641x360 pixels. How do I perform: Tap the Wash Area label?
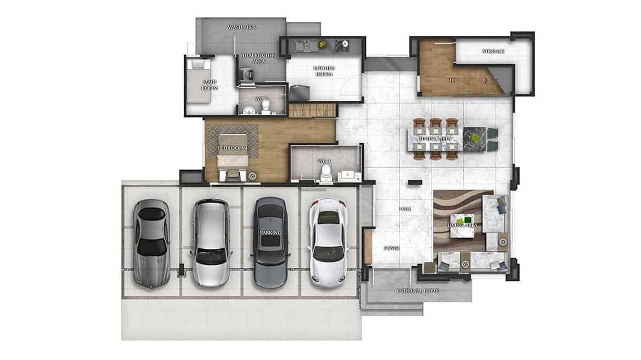tap(242, 27)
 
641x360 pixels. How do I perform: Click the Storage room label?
tap(493, 51)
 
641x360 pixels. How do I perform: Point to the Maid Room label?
tap(210, 85)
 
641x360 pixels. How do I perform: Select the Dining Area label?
tap(435, 139)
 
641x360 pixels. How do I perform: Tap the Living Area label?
tap(462, 225)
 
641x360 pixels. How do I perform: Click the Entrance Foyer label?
tap(418, 290)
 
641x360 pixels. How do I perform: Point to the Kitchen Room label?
tap(324, 71)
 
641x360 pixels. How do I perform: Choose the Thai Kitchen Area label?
tap(258, 59)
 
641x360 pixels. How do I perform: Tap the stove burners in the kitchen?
tap(342, 45)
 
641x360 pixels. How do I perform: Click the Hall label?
tap(405, 209)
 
